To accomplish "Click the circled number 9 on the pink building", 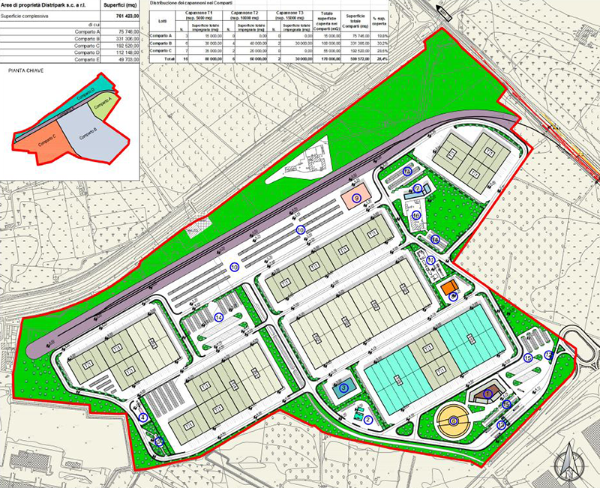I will coord(357,197).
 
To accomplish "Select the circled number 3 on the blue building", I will coord(343,388).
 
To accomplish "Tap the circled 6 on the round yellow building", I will coord(454,422).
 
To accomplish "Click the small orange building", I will coord(449,288).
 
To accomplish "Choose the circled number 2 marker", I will coord(368,420).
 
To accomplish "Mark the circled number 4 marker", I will coord(142,417).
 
